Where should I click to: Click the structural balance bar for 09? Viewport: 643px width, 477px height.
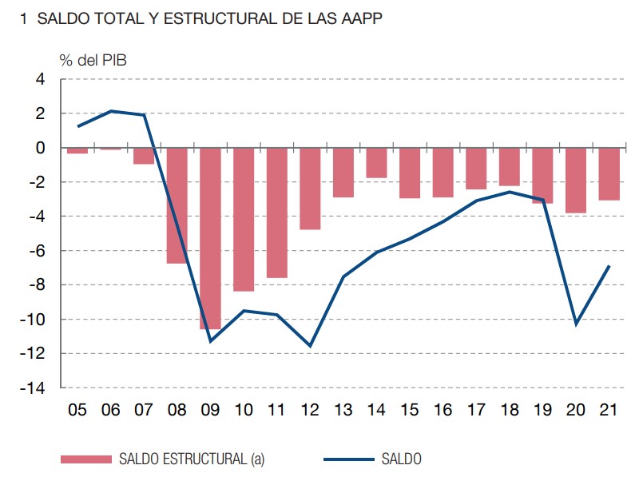(210, 238)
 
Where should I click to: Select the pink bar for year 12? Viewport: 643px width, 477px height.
(310, 189)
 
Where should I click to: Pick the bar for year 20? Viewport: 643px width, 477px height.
(575, 181)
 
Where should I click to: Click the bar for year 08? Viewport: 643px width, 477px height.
(177, 205)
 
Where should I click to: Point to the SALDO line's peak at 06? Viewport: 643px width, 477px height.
(111, 111)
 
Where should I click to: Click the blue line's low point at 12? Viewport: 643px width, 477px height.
(310, 346)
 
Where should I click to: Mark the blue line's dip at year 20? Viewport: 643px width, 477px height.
(575, 324)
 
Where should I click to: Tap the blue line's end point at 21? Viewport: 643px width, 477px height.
(609, 266)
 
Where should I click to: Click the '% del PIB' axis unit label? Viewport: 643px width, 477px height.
(93, 60)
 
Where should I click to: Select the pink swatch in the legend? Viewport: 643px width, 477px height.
(85, 459)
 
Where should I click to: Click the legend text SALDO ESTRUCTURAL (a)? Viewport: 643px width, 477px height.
(192, 459)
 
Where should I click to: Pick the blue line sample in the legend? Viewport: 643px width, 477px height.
(349, 459)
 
